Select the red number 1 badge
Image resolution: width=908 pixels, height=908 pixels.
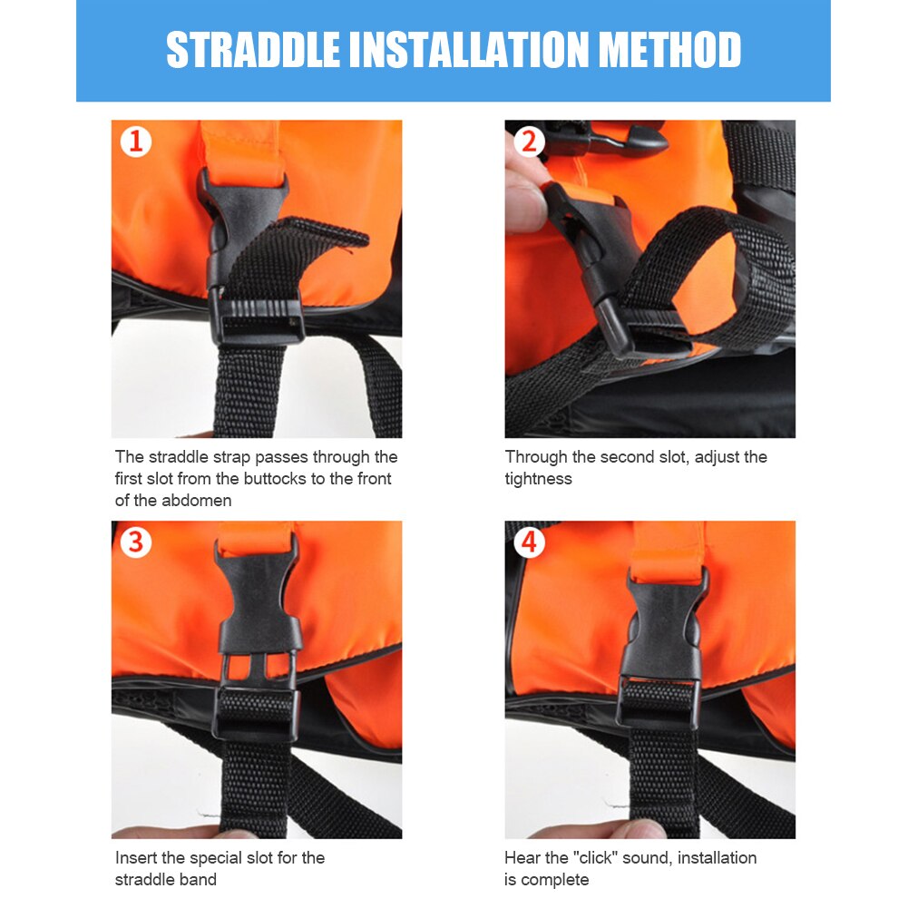pos(136,142)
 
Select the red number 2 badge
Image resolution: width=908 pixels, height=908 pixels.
pos(529,141)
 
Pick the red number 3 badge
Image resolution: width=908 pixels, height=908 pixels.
pos(136,542)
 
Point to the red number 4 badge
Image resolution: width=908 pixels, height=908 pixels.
pos(529,542)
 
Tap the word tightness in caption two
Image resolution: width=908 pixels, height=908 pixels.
pos(539,478)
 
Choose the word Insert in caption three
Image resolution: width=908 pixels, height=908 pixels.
pos(137,857)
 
